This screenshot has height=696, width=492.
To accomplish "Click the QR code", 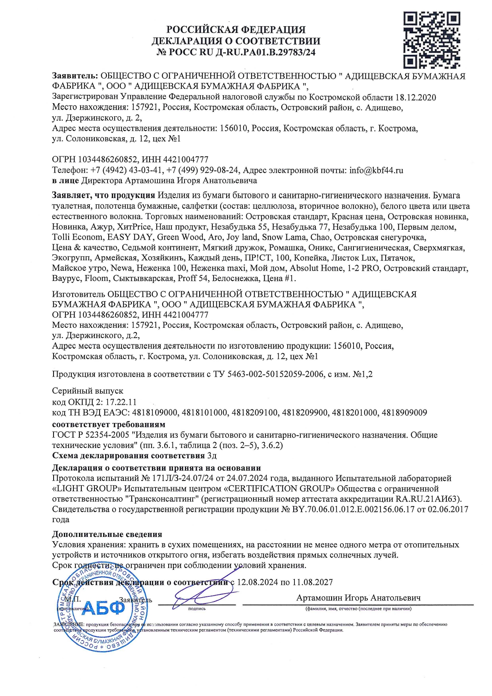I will click(432, 40).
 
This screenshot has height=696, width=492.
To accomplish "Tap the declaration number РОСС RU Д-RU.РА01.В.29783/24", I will click(242, 52).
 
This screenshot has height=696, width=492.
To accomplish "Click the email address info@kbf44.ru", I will click(376, 170).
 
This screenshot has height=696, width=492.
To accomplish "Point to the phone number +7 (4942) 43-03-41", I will click(127, 170).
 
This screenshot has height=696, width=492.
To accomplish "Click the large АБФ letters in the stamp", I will click(102, 608).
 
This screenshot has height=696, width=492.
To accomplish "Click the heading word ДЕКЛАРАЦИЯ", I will click(192, 41).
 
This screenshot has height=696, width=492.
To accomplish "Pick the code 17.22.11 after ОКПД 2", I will click(121, 402).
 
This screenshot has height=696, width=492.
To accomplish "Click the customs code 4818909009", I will click(404, 413).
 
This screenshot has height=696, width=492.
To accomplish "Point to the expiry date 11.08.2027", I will click(313, 582).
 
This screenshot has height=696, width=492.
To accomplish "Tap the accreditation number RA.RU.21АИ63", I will click(428, 499).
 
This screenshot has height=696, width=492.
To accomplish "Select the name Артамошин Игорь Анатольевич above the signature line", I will click(358, 598).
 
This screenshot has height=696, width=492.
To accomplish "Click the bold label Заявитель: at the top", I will click(75, 76).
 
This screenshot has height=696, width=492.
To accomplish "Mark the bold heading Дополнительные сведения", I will click(107, 534).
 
